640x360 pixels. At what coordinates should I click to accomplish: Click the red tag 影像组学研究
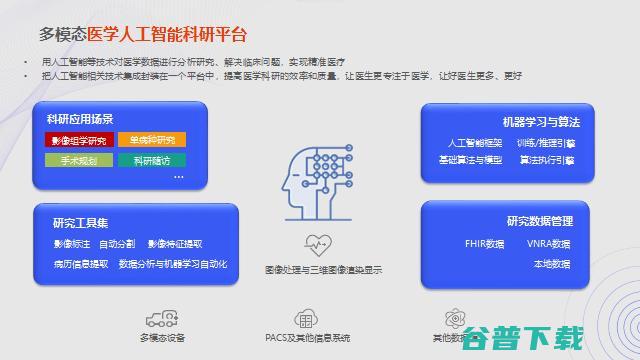[78, 139]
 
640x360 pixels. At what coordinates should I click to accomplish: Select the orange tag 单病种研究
[150, 139]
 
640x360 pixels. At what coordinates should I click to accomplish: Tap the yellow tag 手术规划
[78, 159]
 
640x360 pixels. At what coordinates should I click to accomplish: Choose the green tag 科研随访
[150, 159]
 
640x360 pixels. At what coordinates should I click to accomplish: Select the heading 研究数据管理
[540, 220]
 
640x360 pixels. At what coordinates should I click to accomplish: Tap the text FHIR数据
[485, 243]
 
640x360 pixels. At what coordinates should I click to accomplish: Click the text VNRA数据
[548, 243]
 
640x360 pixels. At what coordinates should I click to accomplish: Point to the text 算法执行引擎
[547, 159]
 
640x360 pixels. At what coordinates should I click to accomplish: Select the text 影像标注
[71, 243]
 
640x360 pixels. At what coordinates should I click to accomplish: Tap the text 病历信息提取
[81, 264]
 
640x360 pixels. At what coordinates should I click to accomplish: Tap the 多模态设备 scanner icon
[161, 319]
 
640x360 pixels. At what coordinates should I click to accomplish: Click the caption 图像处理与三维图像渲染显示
[323, 270]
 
